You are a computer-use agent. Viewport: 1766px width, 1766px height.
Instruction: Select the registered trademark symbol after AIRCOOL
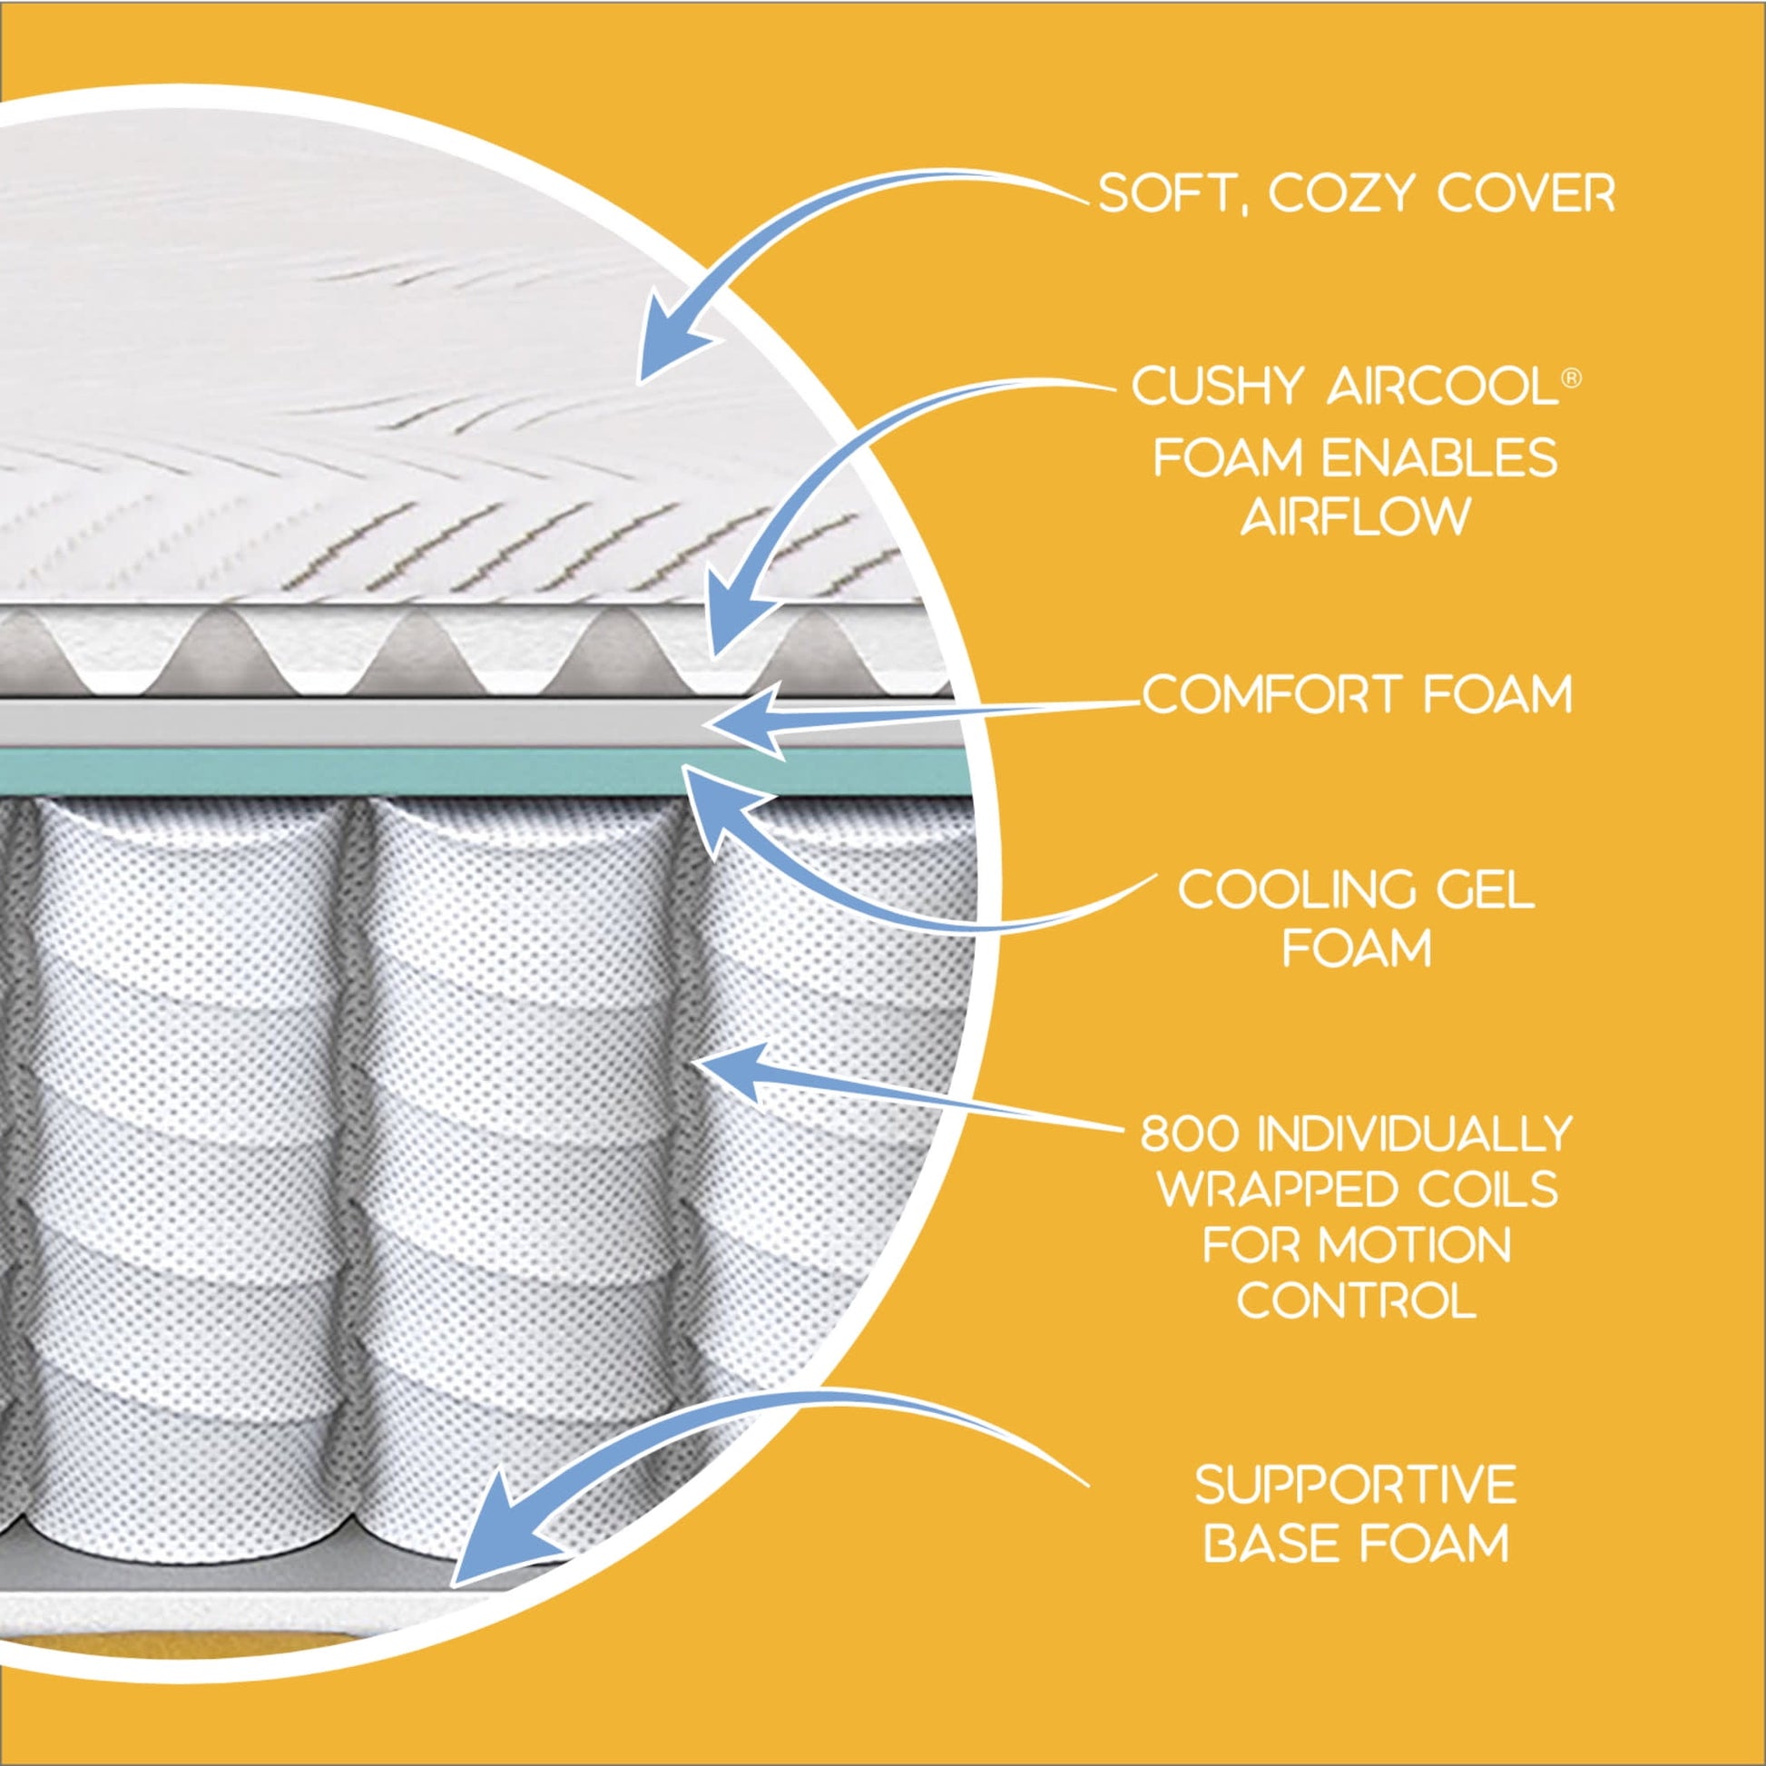point(1569,378)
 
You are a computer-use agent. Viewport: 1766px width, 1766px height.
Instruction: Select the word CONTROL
point(1357,1300)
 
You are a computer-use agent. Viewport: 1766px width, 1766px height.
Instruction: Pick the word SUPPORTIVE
point(1356,1485)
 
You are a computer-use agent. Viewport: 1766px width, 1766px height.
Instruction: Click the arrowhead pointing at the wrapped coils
point(731,1069)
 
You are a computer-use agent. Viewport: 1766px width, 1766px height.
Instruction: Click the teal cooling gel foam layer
point(366,771)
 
